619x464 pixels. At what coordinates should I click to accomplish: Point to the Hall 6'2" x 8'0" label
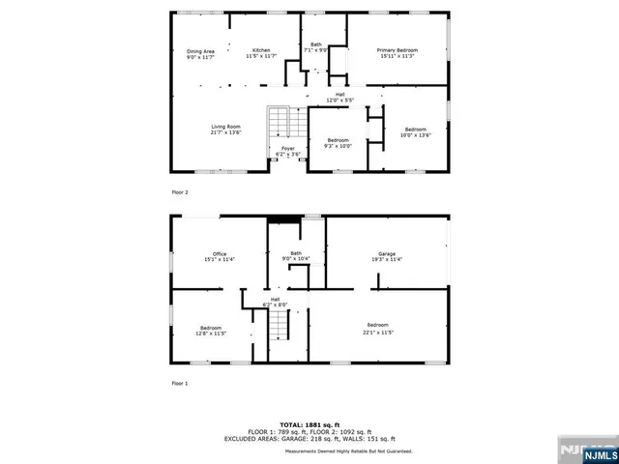tap(275, 302)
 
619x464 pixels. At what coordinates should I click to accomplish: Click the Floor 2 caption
tap(181, 192)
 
